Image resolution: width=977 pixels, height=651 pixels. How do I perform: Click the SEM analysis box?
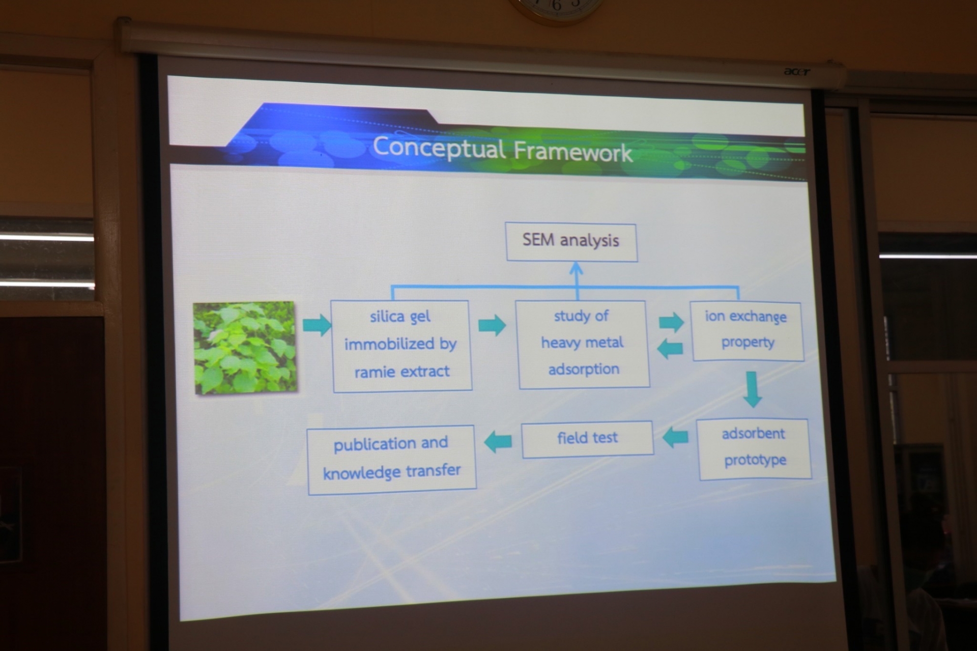pyautogui.click(x=571, y=242)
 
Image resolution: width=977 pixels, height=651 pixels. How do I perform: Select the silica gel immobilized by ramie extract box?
pyautogui.click(x=401, y=346)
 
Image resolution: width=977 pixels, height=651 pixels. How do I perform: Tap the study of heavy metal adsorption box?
pyautogui.click(x=583, y=345)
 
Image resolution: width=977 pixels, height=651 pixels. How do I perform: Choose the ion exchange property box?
pyautogui.click(x=747, y=331)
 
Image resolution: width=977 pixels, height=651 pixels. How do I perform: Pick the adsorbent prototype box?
pyautogui.click(x=754, y=449)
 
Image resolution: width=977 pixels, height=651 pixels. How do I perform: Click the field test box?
pyautogui.click(x=588, y=439)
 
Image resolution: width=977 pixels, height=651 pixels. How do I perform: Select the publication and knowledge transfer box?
pyautogui.click(x=391, y=460)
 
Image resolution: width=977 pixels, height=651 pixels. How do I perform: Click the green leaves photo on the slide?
pyautogui.click(x=245, y=348)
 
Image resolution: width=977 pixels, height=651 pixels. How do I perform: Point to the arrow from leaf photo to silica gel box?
pyautogui.click(x=317, y=325)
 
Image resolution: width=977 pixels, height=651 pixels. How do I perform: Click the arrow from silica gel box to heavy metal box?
pyautogui.click(x=492, y=325)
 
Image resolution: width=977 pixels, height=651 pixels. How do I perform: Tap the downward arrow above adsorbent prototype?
pyautogui.click(x=752, y=389)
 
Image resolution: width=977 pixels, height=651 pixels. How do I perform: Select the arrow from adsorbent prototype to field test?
pyautogui.click(x=675, y=437)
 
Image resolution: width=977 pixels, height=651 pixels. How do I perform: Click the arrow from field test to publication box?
pyautogui.click(x=498, y=441)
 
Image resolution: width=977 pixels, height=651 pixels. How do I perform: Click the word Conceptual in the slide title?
pyautogui.click(x=439, y=148)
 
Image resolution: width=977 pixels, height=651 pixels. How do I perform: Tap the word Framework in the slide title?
pyautogui.click(x=573, y=152)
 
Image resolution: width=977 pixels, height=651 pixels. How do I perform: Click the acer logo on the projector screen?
pyautogui.click(x=796, y=72)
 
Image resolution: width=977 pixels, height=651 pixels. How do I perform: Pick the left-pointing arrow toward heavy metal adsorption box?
pyautogui.click(x=670, y=349)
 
